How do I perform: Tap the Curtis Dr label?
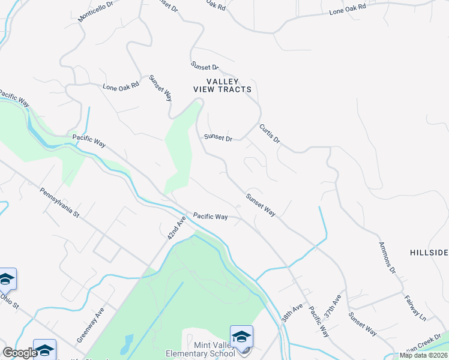pyautogui.click(x=270, y=133)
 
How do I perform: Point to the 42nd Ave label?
pyautogui.click(x=174, y=229)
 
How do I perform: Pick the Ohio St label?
pyautogui.click(x=10, y=300)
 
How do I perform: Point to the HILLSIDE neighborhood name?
pyautogui.click(x=429, y=253)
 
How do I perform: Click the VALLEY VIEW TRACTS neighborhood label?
pyautogui.click(x=222, y=85)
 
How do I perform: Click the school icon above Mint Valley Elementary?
pyautogui.click(x=241, y=336)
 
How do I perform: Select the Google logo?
pyautogui.click(x=19, y=353)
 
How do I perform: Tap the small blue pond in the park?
pyautogui.click(x=127, y=344)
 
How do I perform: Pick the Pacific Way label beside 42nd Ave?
pyautogui.click(x=210, y=216)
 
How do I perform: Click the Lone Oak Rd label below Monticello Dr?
pyautogui.click(x=121, y=86)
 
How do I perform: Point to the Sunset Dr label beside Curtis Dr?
pyautogui.click(x=218, y=137)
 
